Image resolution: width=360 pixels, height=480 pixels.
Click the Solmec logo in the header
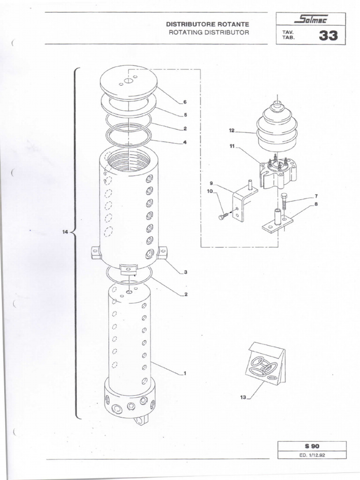311,20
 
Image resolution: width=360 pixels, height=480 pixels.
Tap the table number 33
328,36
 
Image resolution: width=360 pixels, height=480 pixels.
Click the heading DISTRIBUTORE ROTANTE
208,24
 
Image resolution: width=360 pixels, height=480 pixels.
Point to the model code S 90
312,446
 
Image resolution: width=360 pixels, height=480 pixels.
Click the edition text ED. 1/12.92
312,454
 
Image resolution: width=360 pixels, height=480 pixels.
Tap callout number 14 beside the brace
65,232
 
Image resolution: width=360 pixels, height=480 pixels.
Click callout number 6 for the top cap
185,102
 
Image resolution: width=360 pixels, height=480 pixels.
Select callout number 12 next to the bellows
232,132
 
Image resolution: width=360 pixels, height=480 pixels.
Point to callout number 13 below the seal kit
243,397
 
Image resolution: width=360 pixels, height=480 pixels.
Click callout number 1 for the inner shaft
185,373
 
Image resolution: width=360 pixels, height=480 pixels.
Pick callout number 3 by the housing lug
185,272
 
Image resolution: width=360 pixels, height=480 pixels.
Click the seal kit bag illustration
266,363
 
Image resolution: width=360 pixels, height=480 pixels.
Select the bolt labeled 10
223,216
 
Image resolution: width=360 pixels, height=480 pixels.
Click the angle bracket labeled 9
243,202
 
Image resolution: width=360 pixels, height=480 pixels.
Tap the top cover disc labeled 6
128,82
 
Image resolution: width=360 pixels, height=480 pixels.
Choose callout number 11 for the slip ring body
232,146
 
